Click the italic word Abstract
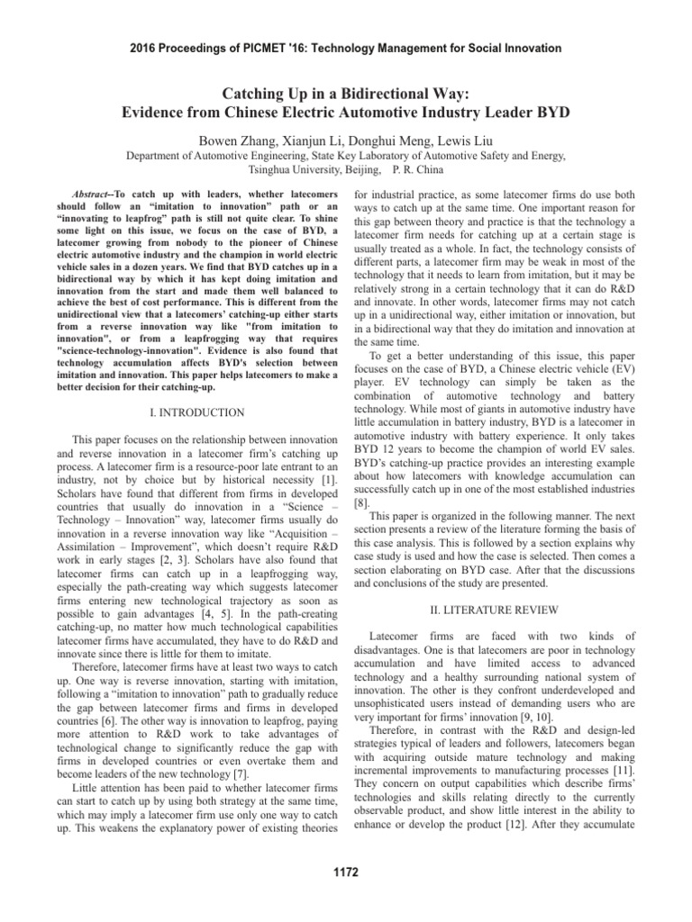tap(92, 194)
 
